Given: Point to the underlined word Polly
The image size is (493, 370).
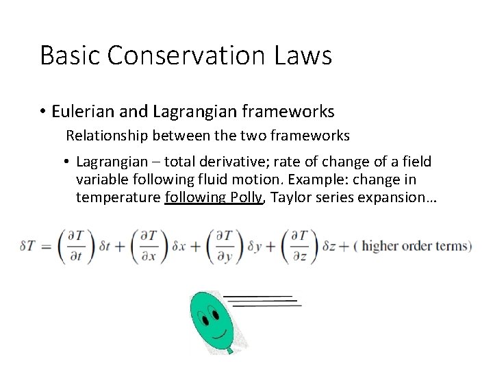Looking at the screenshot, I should pos(245,197).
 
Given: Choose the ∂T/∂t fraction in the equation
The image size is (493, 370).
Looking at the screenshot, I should pos(72,245).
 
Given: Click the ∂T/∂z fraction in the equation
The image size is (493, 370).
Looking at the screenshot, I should pos(299,245).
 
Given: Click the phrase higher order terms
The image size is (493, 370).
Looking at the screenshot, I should pos(415,246).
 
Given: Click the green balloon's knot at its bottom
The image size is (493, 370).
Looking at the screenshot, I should pos(231,351).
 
